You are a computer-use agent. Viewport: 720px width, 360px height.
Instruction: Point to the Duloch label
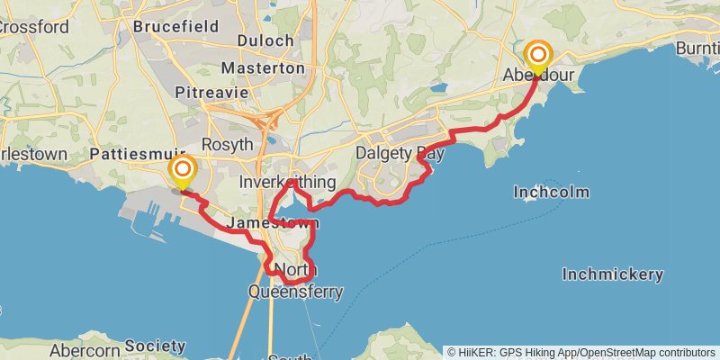[x=265, y=40]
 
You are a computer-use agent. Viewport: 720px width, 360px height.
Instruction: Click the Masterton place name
[x=262, y=68]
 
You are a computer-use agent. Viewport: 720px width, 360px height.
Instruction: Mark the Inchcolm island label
[x=552, y=192]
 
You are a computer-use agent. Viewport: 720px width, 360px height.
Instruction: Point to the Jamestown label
[x=261, y=222]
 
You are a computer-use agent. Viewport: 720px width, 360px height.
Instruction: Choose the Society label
[x=155, y=346]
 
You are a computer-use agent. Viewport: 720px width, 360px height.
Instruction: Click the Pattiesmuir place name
[x=138, y=155]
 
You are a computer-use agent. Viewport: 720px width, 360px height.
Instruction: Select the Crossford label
[x=34, y=27]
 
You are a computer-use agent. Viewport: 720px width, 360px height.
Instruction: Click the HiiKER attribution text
[x=581, y=352]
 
